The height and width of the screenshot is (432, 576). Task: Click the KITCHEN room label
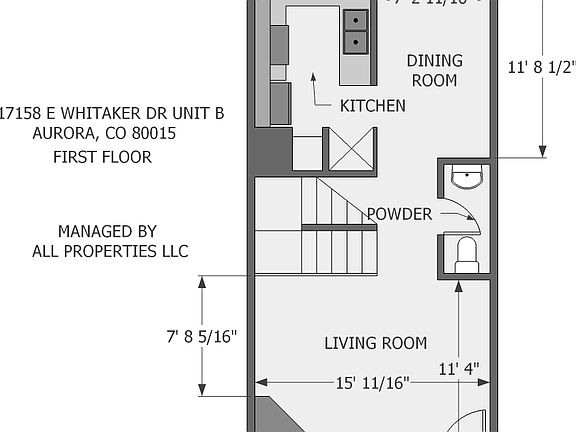372,105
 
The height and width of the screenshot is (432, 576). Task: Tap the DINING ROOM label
433,71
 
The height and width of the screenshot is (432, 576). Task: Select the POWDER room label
399,214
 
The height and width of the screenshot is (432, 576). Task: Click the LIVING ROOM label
375,343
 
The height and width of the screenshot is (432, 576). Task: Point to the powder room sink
466,179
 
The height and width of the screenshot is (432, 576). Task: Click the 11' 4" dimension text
459,368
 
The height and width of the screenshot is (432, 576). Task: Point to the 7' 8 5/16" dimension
202,337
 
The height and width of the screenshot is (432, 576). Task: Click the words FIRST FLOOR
102,157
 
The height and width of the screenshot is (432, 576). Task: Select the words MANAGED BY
107,231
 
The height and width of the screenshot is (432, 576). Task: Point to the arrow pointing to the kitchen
319,90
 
